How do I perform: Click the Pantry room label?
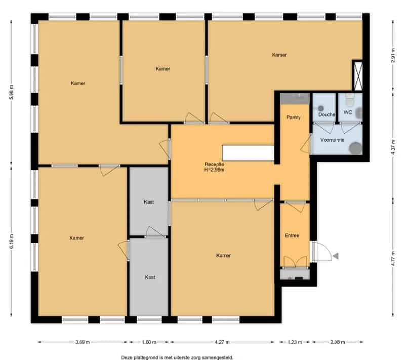pos(294,117)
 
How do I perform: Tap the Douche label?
pos(327,114)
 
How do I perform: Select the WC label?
pos(348,112)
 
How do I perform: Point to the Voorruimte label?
pos(332,140)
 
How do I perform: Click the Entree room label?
pos(292,235)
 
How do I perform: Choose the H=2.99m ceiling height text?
pos(214,170)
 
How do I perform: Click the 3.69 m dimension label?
pos(83,342)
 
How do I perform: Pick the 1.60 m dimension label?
pos(149,342)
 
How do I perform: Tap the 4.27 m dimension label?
pos(222,342)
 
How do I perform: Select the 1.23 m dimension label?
pos(295,342)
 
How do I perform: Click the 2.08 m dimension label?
pos(338,342)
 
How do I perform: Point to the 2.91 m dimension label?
pos(393,56)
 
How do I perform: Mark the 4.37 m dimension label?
pos(393,147)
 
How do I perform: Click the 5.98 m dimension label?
pos(11,92)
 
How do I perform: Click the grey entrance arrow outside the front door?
pos(336,256)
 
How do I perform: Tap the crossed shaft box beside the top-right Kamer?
pos(358,76)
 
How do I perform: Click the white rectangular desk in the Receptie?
pos(248,153)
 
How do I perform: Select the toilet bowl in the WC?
pos(349,100)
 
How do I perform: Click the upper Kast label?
pos(149,202)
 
